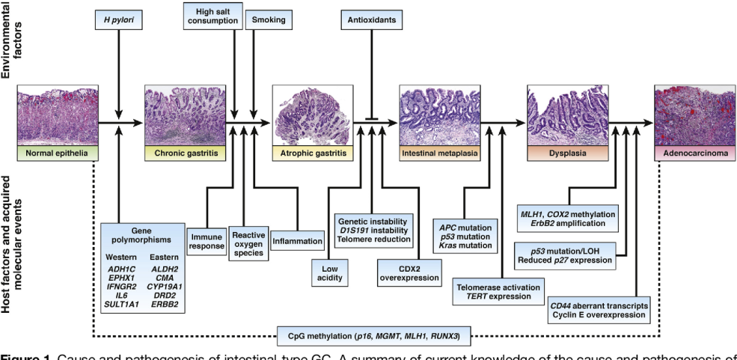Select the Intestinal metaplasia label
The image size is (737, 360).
coord(439,153)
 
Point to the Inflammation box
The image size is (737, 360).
coord(298,241)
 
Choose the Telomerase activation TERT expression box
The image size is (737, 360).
coord(499,290)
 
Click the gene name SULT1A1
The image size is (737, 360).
coord(122,305)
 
